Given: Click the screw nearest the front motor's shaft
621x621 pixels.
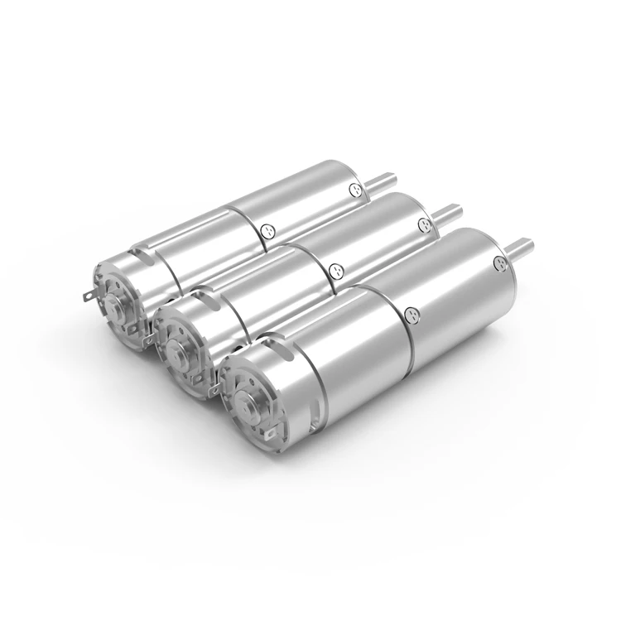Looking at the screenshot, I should (x=498, y=264).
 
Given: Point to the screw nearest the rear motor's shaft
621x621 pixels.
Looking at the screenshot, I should (x=357, y=190).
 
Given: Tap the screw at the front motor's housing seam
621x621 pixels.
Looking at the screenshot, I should (x=412, y=314).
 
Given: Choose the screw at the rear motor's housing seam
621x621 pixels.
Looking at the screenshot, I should (x=265, y=233).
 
